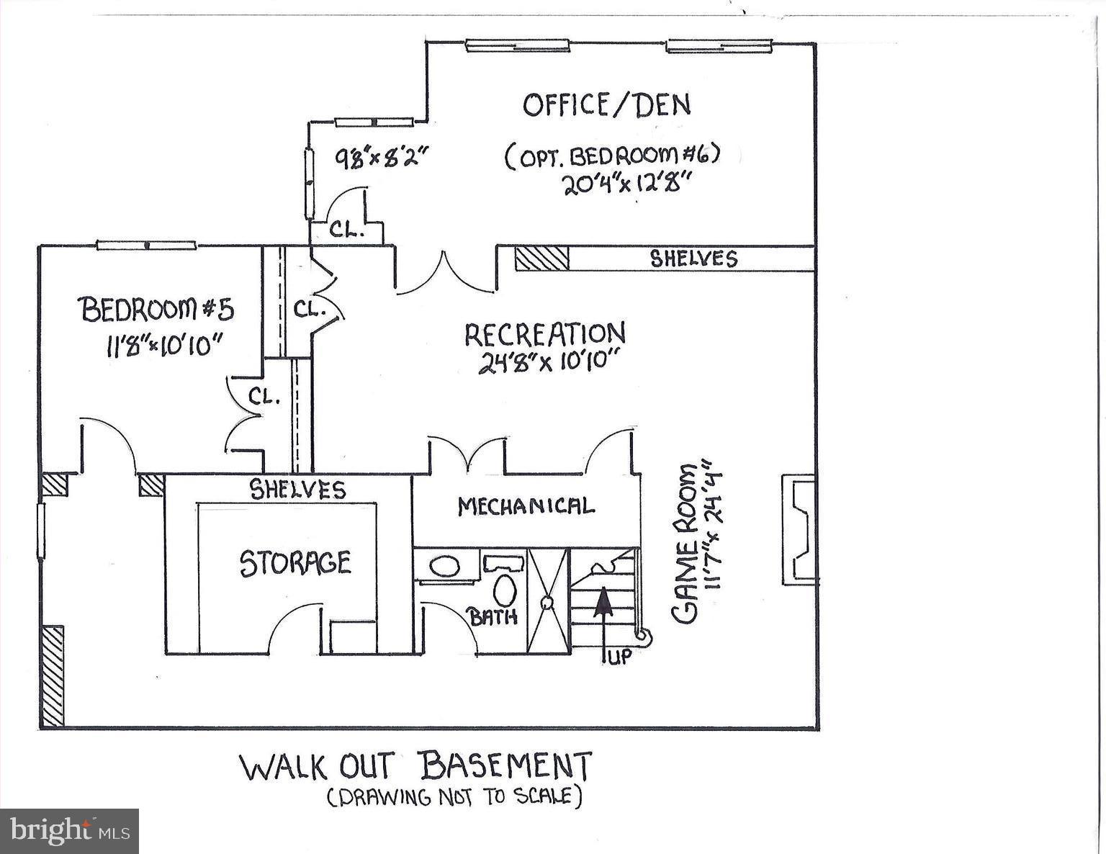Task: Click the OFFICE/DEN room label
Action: click(x=606, y=105)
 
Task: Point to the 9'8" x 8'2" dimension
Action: click(x=382, y=156)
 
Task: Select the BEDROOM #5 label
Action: click(x=157, y=310)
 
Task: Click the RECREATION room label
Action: click(x=544, y=334)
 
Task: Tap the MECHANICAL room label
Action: click(x=526, y=506)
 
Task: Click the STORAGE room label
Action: click(x=295, y=563)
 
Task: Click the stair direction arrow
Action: click(x=602, y=612)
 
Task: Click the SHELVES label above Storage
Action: click(x=297, y=490)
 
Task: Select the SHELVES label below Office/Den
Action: click(x=693, y=259)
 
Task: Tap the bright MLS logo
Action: click(x=69, y=831)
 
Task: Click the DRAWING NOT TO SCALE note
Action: click(x=454, y=796)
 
